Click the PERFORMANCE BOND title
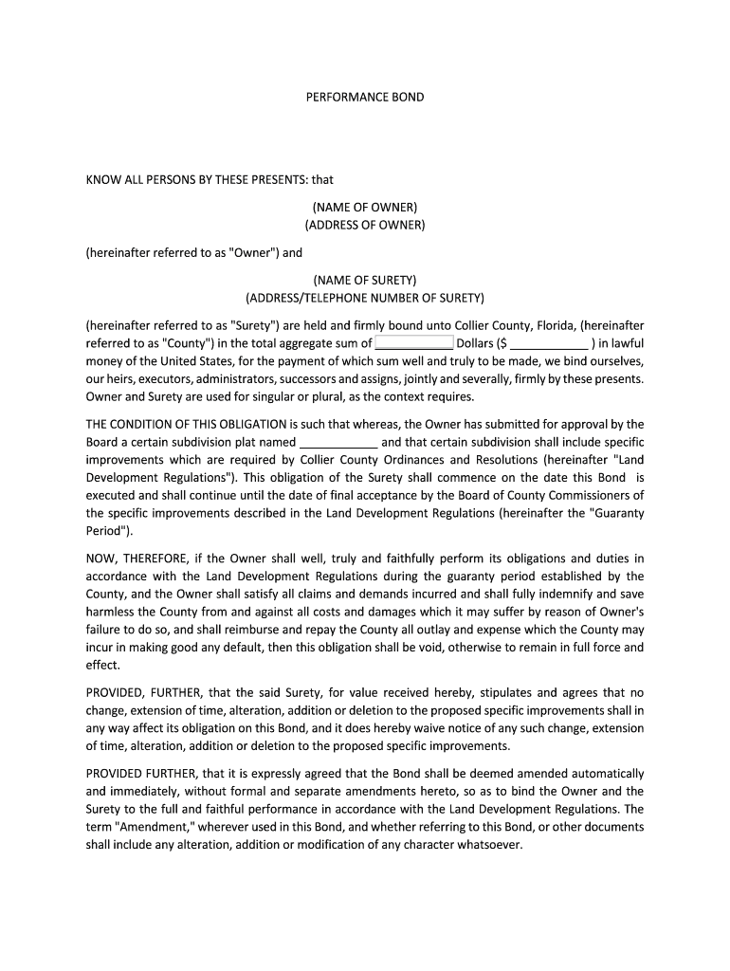[x=365, y=97]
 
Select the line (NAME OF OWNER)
[x=365, y=207]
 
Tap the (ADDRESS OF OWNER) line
[x=365, y=225]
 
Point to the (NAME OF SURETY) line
[x=365, y=280]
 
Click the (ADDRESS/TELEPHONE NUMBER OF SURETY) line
[x=365, y=298]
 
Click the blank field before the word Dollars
[x=414, y=342]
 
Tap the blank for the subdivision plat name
[x=338, y=442]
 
